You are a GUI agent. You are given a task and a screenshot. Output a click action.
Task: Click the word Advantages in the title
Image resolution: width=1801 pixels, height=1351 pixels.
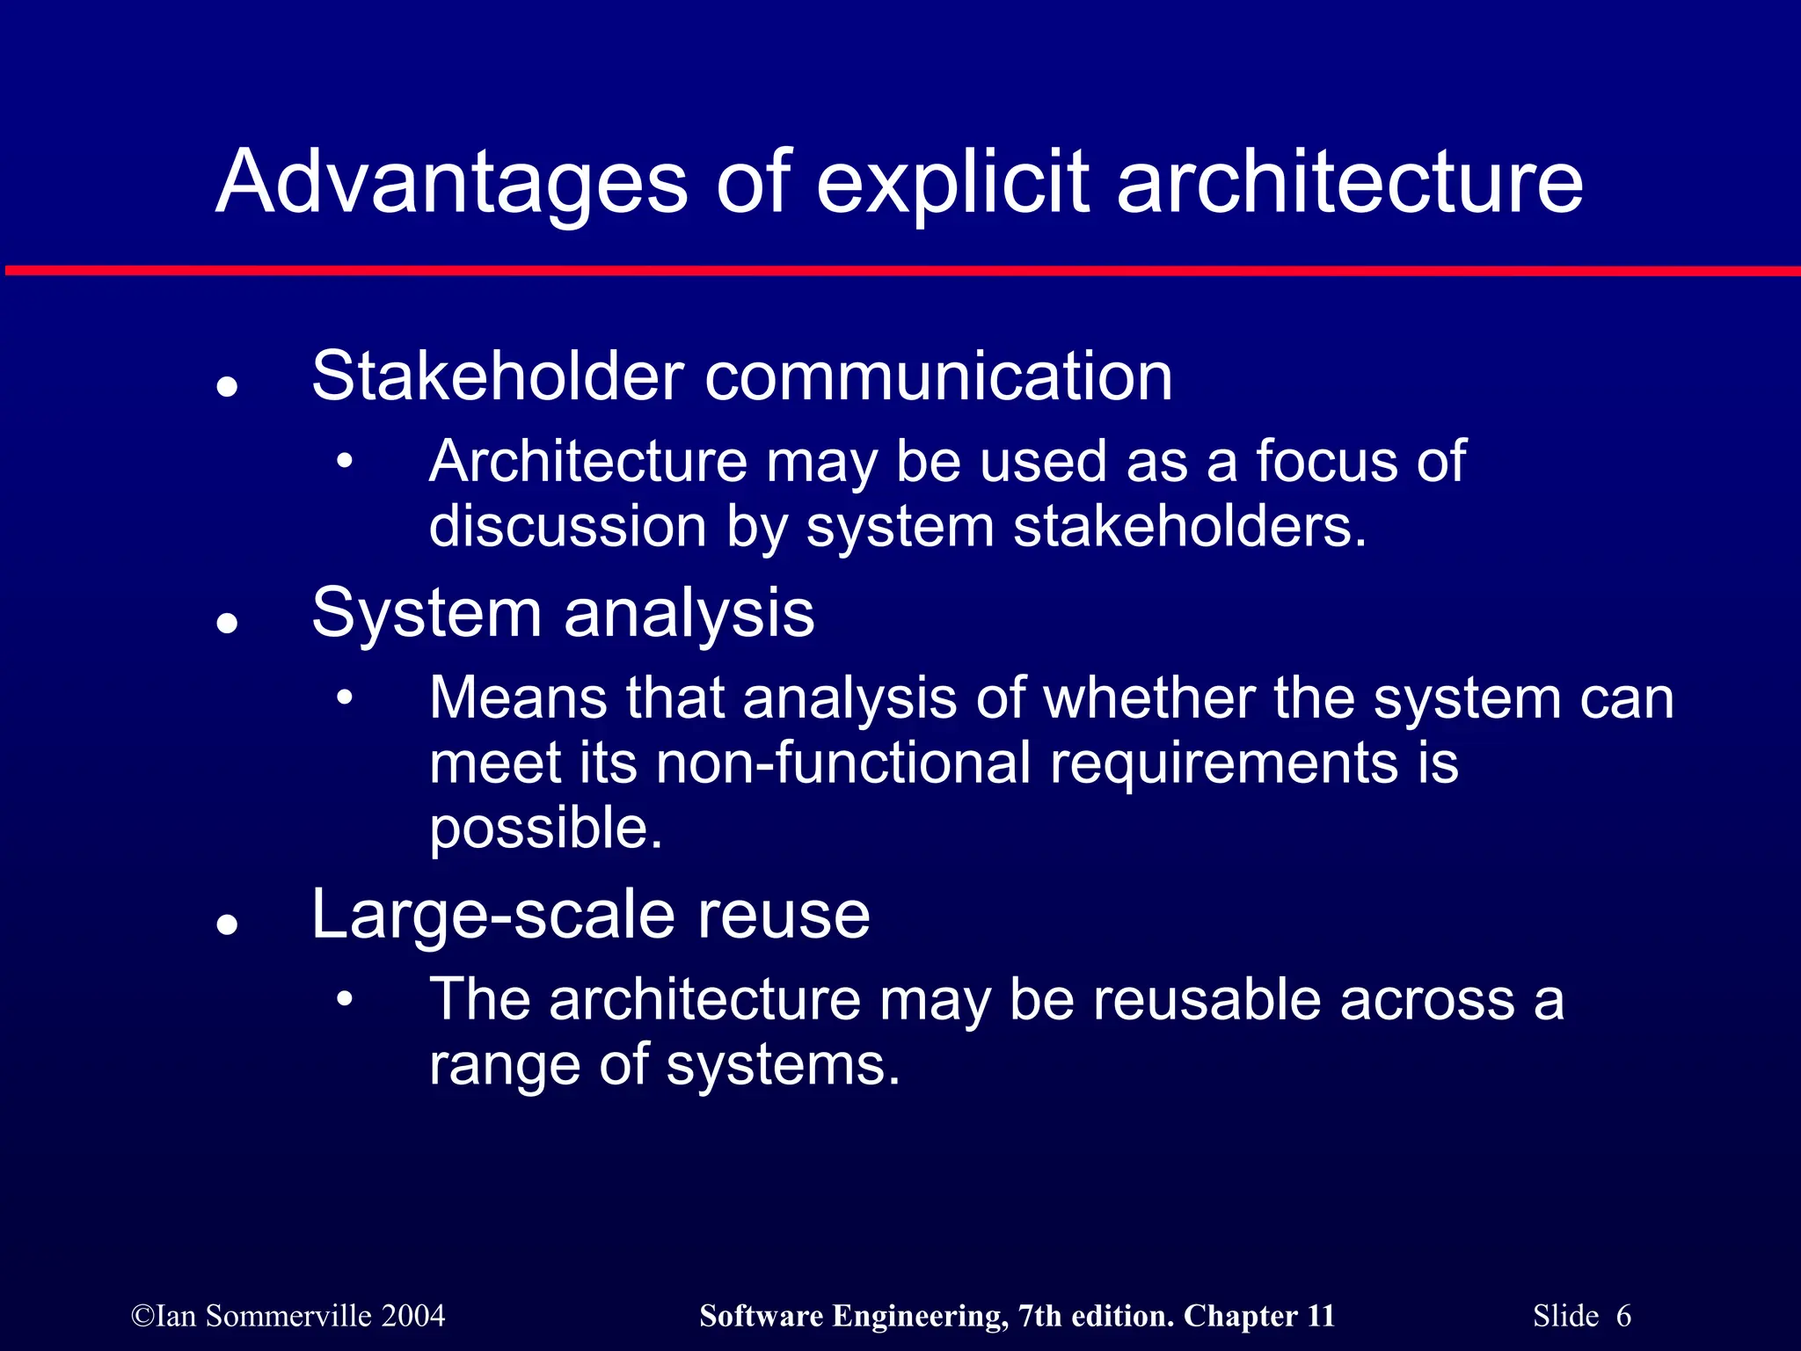click(451, 183)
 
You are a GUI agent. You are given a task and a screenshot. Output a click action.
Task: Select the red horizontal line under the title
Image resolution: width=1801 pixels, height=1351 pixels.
click(900, 270)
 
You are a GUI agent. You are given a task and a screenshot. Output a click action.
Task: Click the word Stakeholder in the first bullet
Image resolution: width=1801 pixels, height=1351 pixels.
click(498, 376)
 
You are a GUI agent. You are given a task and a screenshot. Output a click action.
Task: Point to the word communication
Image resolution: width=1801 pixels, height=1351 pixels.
click(938, 376)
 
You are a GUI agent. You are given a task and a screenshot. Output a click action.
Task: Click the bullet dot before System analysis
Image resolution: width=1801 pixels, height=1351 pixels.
click(228, 623)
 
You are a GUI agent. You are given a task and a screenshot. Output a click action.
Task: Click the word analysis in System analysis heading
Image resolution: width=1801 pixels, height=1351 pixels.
click(689, 613)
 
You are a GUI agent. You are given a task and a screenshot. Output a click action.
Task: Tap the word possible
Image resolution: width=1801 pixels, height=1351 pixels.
click(545, 829)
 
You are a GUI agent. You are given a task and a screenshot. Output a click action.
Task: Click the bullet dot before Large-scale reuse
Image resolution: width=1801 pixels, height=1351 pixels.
click(228, 924)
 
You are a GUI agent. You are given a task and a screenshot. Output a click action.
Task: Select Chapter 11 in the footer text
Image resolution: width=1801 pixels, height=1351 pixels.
click(1258, 1316)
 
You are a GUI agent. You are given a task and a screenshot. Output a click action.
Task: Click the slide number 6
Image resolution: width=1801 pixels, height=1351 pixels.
click(1623, 1316)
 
